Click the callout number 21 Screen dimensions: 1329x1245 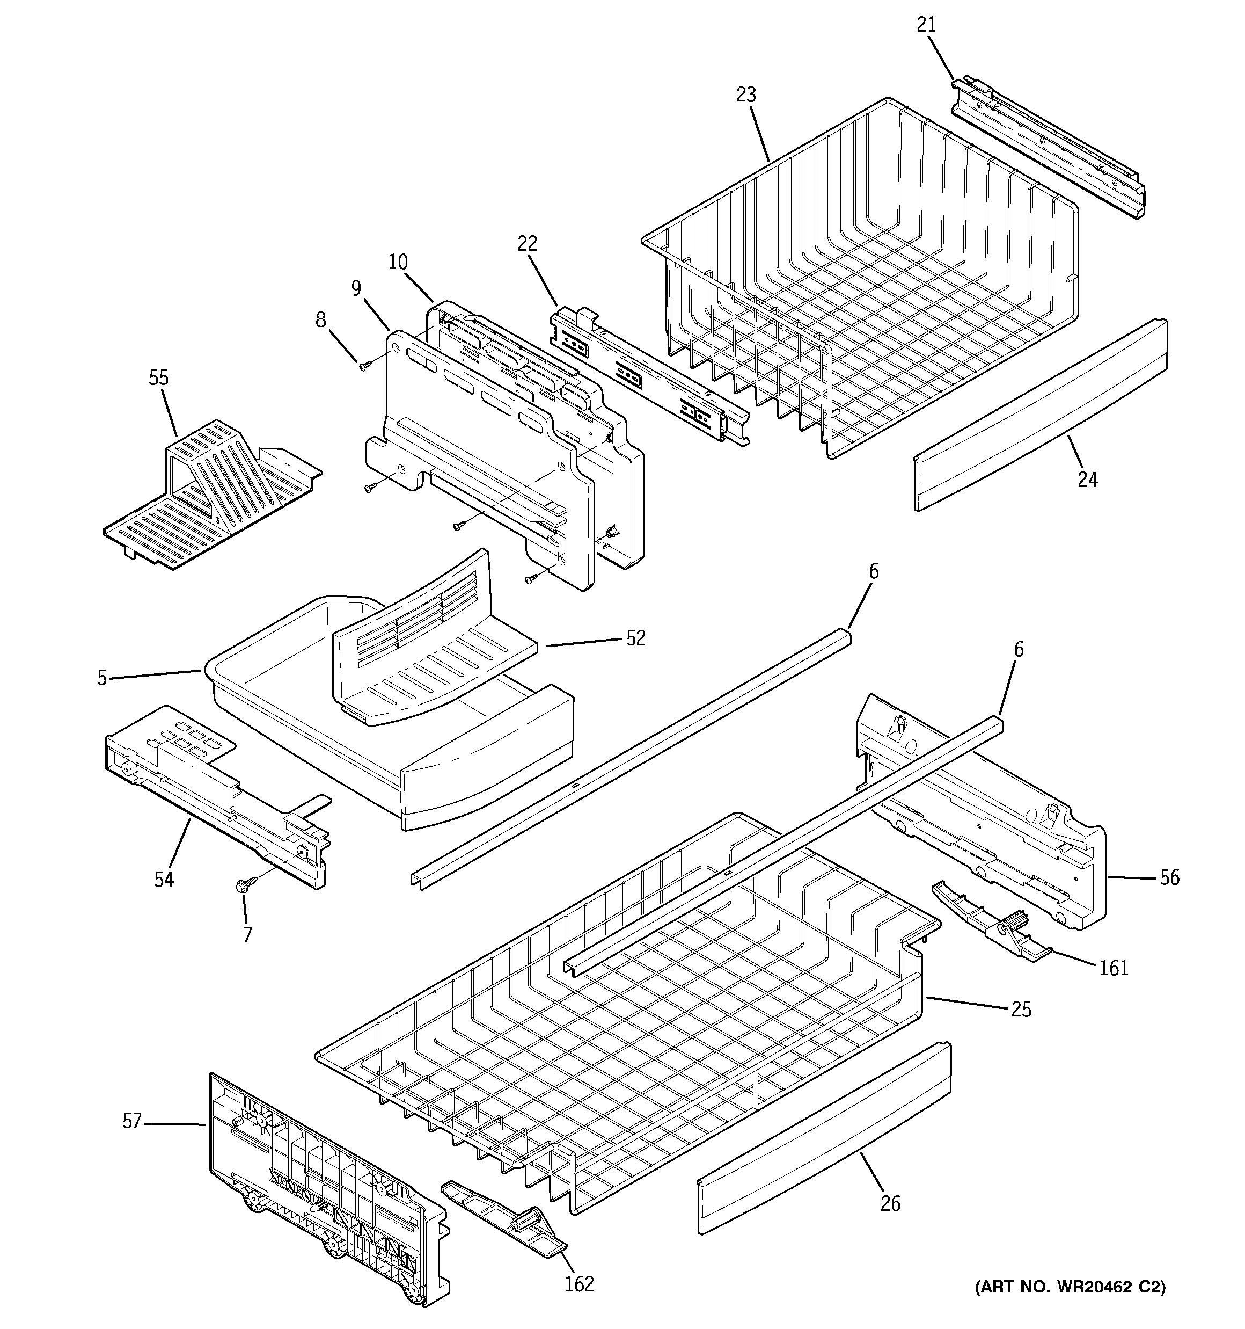click(x=926, y=25)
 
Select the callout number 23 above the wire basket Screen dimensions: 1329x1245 click(x=746, y=95)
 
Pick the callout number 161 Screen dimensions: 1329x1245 click(x=1114, y=967)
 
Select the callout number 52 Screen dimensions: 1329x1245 click(x=635, y=638)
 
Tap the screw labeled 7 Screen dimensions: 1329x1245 click(x=241, y=886)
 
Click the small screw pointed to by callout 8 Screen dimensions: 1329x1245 click(x=364, y=366)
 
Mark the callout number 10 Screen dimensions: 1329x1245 click(x=398, y=262)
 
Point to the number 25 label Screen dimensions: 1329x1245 click(x=1021, y=1028)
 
